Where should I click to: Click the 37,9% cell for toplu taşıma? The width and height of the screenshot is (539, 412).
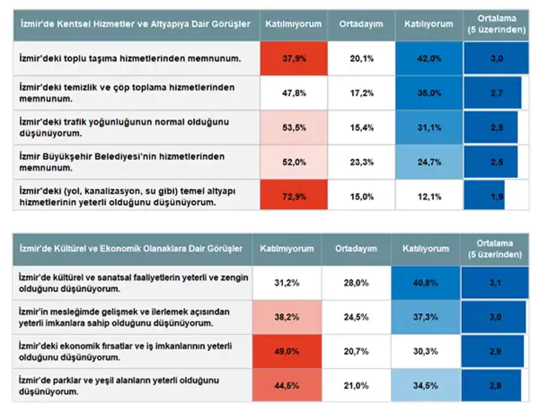(294, 58)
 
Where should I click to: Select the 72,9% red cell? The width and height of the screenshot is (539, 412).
(294, 196)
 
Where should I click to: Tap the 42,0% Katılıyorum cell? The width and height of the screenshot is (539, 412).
(429, 58)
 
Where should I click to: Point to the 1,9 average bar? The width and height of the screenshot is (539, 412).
(485, 196)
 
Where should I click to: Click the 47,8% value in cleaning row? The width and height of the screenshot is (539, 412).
(294, 93)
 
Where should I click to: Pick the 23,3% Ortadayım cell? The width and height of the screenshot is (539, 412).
(361, 162)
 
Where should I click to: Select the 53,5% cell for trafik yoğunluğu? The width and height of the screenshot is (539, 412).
(294, 128)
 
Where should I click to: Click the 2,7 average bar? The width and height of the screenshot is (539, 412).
(493, 93)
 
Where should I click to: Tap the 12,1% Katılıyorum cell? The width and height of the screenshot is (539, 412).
(429, 196)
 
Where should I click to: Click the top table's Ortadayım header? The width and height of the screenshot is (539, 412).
(361, 24)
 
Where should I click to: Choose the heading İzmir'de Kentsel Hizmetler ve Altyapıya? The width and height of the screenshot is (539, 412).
(136, 24)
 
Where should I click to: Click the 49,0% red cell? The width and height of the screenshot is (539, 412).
(287, 351)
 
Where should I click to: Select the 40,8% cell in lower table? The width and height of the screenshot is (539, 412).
(425, 283)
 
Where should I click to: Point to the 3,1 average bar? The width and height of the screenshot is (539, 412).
(495, 283)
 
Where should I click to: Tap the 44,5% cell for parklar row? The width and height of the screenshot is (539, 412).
(287, 385)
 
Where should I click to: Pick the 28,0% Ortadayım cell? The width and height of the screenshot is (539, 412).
(356, 283)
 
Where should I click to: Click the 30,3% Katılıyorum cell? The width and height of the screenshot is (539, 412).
(425, 351)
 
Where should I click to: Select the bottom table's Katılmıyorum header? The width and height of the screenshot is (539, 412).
(287, 249)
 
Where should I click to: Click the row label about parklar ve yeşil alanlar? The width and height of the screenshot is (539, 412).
(119, 386)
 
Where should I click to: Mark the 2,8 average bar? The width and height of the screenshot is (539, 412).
(491, 385)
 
